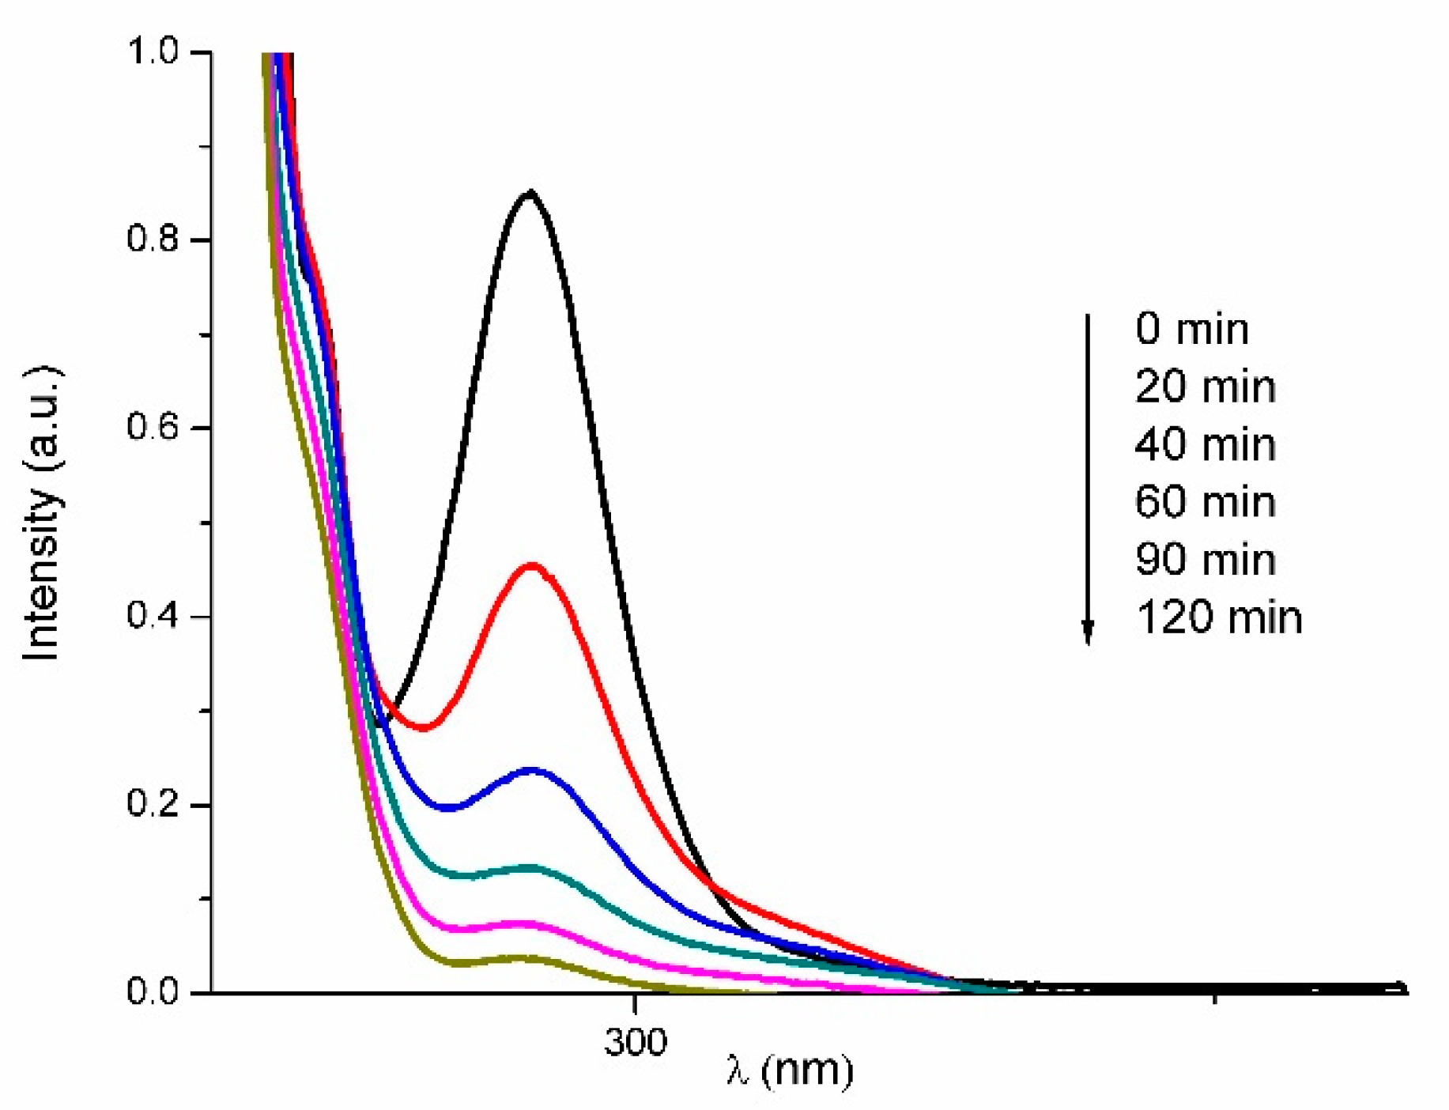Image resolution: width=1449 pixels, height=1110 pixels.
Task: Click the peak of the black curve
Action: coord(530,192)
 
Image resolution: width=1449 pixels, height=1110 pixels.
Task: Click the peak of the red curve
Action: coord(532,565)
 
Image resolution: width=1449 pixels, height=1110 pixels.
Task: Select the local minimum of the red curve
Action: coord(425,727)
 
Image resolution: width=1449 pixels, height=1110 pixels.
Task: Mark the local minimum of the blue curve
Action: coord(447,808)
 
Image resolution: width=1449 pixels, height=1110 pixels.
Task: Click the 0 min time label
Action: coord(1191,329)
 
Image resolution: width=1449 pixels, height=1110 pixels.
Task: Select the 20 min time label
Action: coord(1205,387)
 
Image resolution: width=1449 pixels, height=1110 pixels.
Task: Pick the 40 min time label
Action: coord(1205,444)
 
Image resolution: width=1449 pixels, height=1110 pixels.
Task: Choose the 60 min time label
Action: coord(1205,502)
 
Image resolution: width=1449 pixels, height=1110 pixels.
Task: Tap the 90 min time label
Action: coord(1205,560)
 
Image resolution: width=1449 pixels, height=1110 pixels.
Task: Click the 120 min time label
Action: coord(1219,617)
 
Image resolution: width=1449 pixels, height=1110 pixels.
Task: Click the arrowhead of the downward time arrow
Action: coord(1088,632)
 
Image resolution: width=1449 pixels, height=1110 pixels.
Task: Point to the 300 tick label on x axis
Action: coord(635,1042)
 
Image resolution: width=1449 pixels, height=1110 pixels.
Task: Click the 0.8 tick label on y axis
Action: coord(153,239)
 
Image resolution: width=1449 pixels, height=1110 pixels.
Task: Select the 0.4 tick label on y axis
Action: coord(153,616)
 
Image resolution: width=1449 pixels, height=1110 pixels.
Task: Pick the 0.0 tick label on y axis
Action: coord(153,991)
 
